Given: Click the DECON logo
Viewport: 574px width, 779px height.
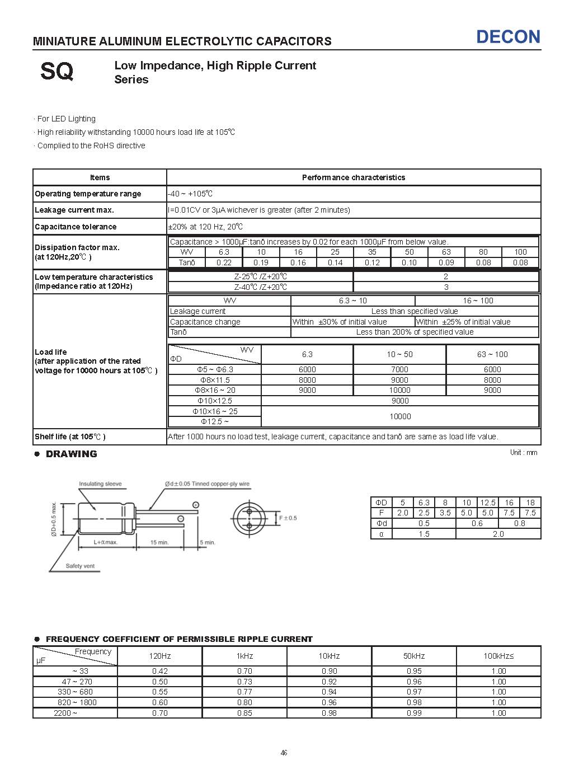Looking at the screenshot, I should (508, 37).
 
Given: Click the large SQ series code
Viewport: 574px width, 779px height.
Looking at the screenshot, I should (57, 72).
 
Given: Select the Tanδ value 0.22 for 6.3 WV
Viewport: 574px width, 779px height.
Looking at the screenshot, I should (224, 262).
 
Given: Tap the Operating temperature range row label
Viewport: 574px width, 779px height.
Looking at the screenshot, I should (88, 194).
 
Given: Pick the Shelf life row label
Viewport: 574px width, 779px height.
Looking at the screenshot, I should (70, 437).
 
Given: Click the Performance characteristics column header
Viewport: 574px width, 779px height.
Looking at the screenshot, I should (353, 177).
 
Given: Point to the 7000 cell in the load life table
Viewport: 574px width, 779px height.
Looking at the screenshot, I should (399, 369).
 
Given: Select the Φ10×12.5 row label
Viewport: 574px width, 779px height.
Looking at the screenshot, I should (214, 401).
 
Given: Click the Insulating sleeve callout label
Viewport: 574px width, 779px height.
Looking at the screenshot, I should (100, 484).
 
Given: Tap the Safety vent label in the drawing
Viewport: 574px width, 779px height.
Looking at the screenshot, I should (81, 566).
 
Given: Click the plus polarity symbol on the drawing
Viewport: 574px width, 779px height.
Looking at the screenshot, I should (196, 505).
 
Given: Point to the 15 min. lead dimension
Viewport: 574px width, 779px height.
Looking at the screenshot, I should (159, 542).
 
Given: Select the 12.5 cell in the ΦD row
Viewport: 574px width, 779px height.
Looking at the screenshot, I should (488, 503).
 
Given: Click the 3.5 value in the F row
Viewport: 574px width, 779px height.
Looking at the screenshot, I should (445, 513).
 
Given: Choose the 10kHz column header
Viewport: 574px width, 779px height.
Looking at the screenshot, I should (329, 656).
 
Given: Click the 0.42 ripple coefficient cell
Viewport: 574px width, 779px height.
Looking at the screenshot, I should (160, 671).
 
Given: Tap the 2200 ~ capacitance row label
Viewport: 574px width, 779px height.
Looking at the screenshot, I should (65, 713).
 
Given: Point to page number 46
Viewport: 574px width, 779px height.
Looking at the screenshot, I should (284, 753).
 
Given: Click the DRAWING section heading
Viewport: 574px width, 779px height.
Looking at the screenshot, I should (71, 454).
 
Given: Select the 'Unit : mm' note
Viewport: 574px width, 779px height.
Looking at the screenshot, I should (523, 452).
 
